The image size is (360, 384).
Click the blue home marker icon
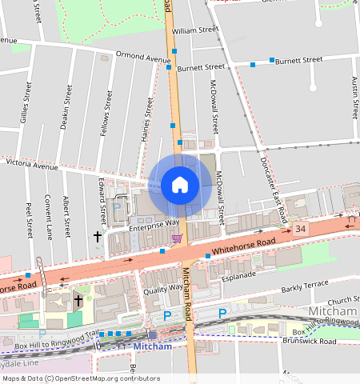coord(180,186)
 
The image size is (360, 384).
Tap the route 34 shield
coord(300,230)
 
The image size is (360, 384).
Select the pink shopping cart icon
coord(176,238)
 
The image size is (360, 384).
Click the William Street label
coord(194,30)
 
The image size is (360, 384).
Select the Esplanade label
coord(238,275)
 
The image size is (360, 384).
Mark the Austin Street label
coord(354,97)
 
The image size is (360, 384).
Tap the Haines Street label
coord(147,118)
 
